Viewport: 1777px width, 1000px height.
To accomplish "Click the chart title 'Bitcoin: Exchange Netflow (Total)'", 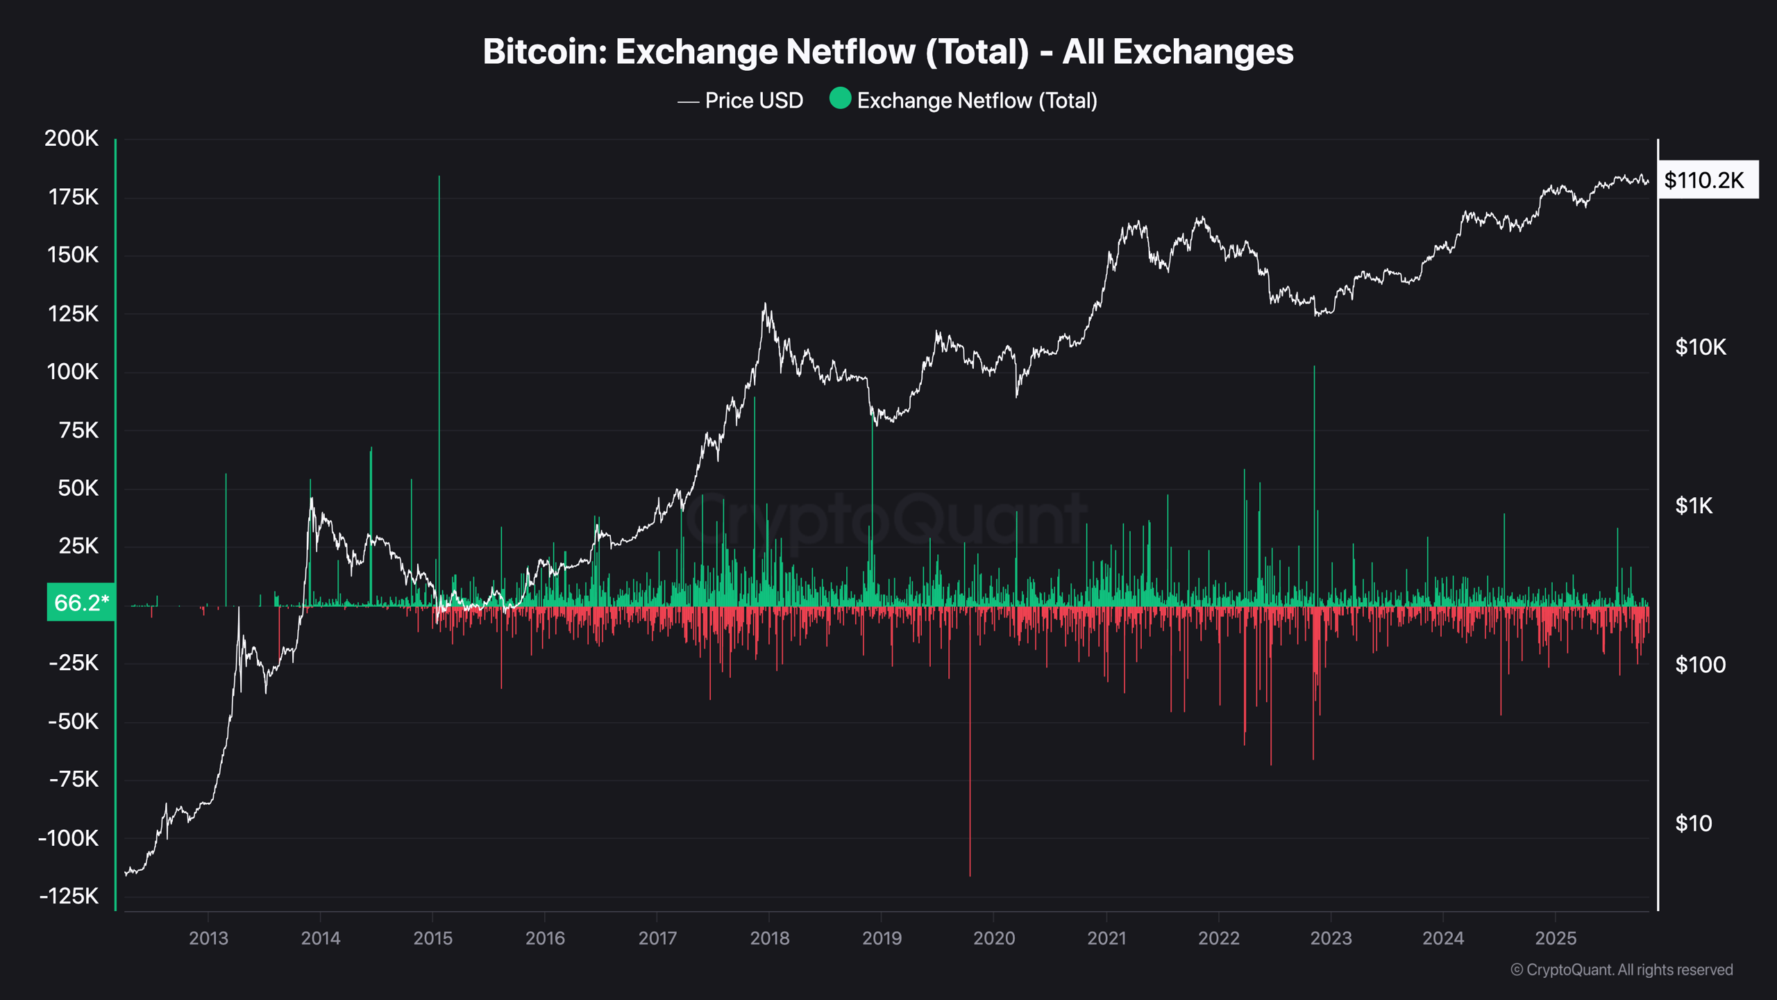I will coord(888,52).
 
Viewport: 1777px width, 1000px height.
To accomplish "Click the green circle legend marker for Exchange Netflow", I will coord(840,99).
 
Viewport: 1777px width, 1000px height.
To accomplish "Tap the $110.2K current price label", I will coord(1704,181).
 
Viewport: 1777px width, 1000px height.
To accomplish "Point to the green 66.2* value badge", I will coord(81,602).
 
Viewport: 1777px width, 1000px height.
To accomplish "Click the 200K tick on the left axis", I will coord(71,138).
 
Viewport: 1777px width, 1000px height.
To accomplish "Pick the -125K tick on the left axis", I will coord(69,896).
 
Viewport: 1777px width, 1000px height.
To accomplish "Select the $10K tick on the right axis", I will coord(1700,347).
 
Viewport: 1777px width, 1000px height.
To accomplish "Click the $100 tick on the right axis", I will coord(1700,665).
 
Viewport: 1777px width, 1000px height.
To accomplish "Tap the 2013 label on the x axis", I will coord(208,938).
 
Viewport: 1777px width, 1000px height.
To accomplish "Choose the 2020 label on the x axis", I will coord(994,938).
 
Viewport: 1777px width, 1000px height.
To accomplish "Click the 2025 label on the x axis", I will coord(1556,938).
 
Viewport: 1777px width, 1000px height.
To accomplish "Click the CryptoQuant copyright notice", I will coord(1622,969).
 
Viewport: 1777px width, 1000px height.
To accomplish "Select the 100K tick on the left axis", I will coord(73,372).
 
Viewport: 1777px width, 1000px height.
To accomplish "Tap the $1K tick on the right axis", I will coord(1694,506).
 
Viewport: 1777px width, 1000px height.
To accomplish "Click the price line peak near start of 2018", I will coord(765,305).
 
